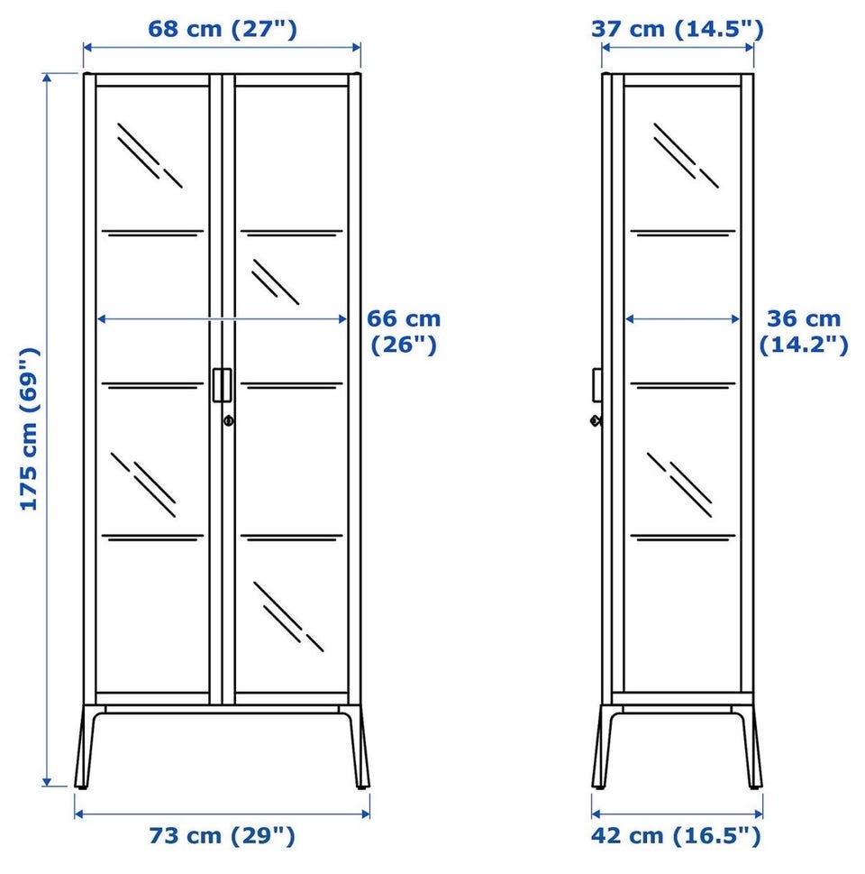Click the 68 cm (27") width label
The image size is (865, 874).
223,29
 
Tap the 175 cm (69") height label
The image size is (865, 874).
29,428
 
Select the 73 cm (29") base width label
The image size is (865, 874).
222,835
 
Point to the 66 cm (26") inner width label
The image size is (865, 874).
404,332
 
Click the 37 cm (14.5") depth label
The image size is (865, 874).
677,29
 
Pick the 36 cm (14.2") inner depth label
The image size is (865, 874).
804,332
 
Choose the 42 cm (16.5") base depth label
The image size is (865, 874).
676,835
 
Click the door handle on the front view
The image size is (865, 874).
222,384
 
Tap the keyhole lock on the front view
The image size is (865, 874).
228,421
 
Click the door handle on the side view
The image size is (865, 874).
597,384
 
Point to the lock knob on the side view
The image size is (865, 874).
596,421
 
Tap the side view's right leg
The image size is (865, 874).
750,747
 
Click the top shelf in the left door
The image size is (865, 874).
152,233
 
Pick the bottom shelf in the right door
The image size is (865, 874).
292,538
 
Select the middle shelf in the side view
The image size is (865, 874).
683,385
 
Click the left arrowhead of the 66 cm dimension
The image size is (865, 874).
102,318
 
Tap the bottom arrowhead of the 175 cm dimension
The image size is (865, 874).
48,781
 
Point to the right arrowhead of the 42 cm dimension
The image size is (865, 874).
759,814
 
